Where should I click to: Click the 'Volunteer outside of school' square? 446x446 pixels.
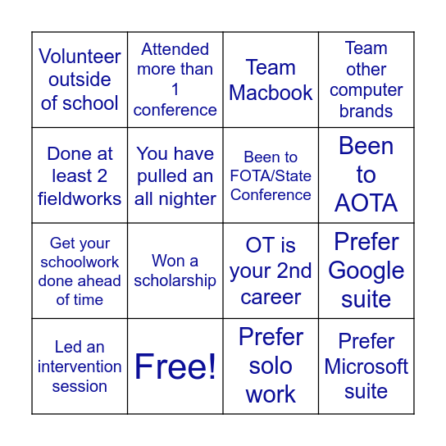[x=80, y=80]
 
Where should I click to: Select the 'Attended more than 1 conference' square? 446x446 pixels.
[x=175, y=80]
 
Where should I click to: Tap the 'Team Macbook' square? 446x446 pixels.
[x=271, y=80]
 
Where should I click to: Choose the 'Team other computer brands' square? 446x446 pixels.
[x=366, y=80]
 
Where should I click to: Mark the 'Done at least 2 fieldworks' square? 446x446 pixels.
[x=80, y=175]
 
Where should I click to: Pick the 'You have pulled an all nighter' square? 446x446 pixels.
[x=175, y=175]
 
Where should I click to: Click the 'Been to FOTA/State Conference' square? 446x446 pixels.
[x=271, y=175]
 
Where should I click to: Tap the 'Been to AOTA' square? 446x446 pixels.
[x=366, y=175]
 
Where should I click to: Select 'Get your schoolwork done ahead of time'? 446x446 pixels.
[x=80, y=271]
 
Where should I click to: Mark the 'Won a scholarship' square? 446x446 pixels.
[x=175, y=271]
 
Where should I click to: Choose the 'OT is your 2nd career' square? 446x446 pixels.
[x=271, y=271]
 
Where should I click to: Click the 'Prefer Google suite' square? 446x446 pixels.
[x=366, y=271]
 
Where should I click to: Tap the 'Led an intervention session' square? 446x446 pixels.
[x=80, y=366]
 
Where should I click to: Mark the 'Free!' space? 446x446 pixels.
[x=175, y=366]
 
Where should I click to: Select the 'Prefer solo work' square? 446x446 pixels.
[x=271, y=366]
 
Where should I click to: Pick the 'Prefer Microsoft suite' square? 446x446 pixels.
[x=366, y=366]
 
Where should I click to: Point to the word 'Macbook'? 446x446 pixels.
[x=271, y=93]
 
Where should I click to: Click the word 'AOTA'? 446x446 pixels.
[x=366, y=203]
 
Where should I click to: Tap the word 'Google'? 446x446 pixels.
[x=366, y=271]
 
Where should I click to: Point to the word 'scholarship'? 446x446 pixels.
[x=175, y=280]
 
